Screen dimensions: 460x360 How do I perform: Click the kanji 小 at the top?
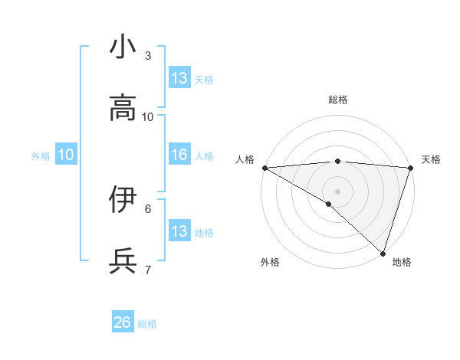click(123, 47)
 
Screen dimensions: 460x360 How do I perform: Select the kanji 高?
click(123, 108)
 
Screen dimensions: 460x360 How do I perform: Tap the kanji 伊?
click(123, 199)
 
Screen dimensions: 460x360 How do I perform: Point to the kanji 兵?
click(123, 260)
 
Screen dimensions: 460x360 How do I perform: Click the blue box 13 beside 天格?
click(179, 78)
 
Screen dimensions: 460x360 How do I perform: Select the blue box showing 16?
click(179, 155)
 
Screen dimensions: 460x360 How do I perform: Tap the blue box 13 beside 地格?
click(179, 231)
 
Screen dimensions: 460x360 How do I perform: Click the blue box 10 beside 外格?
click(66, 155)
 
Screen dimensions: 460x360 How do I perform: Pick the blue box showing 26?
click(123, 322)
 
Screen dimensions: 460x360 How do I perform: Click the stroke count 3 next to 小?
click(148, 56)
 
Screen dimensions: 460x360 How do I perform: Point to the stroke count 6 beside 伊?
click(148, 208)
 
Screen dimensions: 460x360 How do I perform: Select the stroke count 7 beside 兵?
click(148, 269)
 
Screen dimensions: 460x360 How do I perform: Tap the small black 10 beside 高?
click(148, 116)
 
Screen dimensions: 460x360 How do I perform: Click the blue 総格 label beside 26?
click(147, 324)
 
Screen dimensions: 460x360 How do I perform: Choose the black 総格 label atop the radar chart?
click(337, 100)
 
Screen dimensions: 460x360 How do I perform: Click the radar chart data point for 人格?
click(264, 167)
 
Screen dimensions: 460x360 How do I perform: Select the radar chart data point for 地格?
click(383, 254)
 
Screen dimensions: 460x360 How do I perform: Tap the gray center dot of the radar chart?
click(337, 191)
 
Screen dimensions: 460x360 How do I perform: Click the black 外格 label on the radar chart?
click(270, 262)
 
